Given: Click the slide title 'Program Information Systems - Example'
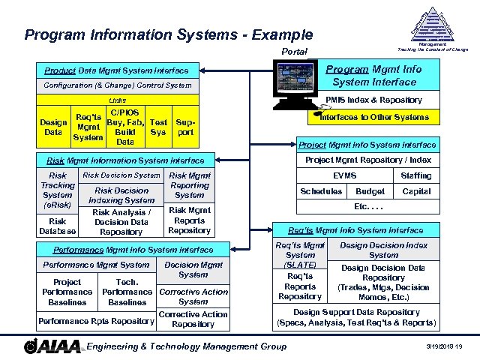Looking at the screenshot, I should [x=169, y=34].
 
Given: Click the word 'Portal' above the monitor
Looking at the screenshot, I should [x=293, y=51].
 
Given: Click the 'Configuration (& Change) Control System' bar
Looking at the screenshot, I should [x=118, y=86].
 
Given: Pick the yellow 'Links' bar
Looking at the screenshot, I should [x=118, y=100].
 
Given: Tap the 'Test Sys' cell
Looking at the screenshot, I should [x=158, y=127].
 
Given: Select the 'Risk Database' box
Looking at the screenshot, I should [x=58, y=226].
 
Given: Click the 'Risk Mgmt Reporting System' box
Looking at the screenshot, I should [x=190, y=185].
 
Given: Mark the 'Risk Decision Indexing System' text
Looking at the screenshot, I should [x=121, y=195].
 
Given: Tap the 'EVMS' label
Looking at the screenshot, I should [x=344, y=175].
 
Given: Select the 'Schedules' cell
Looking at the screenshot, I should [x=321, y=191].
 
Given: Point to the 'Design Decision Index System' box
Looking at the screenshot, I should [x=384, y=250].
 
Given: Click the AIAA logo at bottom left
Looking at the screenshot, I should [x=52, y=346].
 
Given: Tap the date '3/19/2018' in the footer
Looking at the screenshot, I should [x=437, y=346].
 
